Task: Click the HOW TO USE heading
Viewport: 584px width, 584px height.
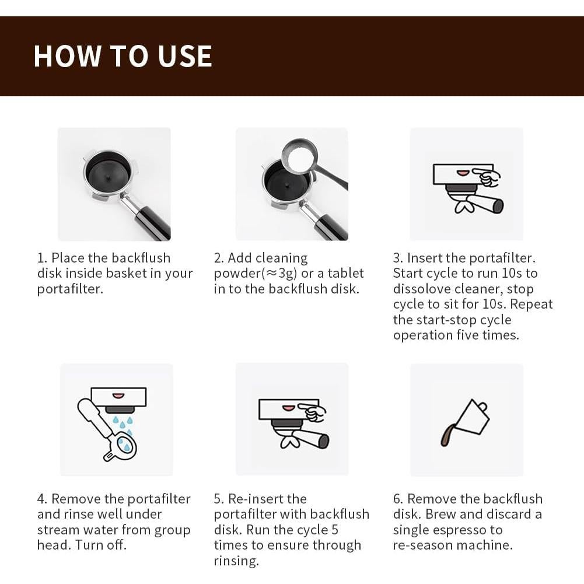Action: pyautogui.click(x=123, y=56)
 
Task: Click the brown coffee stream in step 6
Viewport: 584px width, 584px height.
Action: pyautogui.click(x=446, y=435)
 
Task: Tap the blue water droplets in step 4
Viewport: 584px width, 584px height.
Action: pyautogui.click(x=123, y=429)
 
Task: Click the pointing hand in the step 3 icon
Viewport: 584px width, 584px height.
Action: pyautogui.click(x=486, y=177)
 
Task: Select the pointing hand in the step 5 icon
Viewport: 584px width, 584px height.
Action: pyautogui.click(x=314, y=412)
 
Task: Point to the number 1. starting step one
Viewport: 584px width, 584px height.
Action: pyautogui.click(x=42, y=258)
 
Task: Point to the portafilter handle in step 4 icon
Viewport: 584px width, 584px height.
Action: pyautogui.click(x=93, y=416)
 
